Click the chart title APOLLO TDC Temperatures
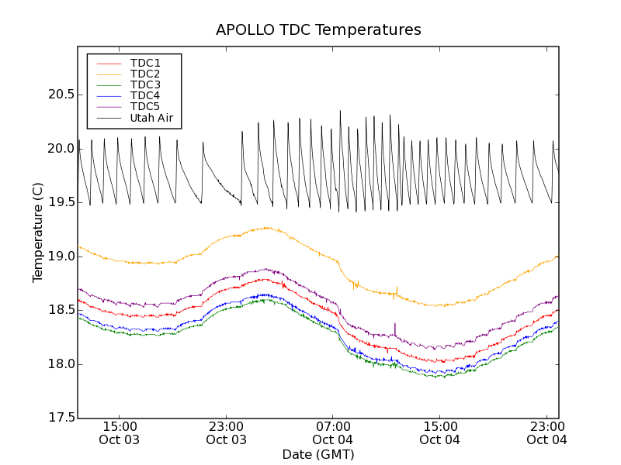318,30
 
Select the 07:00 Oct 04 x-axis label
333,433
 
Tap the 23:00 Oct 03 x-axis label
226,433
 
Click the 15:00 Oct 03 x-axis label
120,433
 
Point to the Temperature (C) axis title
38,232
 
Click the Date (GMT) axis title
318,454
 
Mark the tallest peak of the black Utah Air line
340,112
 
